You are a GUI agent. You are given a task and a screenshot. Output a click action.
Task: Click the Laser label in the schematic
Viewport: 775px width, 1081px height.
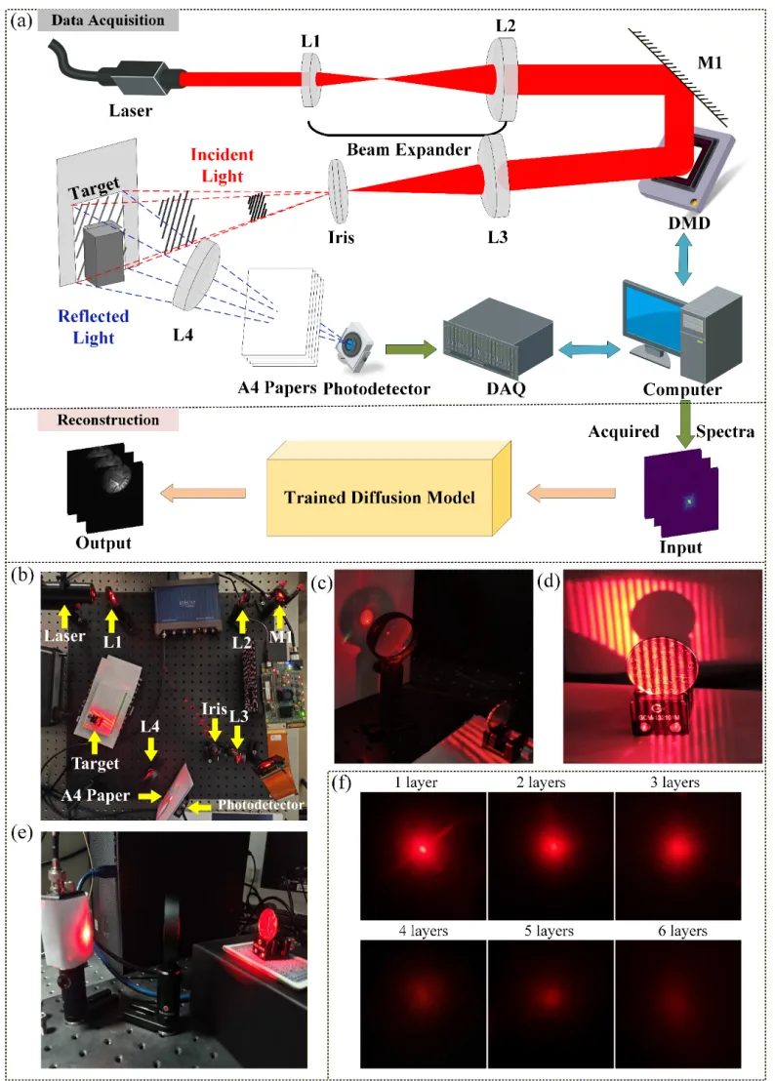131,110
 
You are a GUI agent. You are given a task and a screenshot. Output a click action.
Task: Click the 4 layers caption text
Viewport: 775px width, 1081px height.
422,931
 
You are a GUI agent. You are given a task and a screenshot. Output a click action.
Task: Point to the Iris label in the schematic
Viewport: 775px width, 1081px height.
341,235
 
